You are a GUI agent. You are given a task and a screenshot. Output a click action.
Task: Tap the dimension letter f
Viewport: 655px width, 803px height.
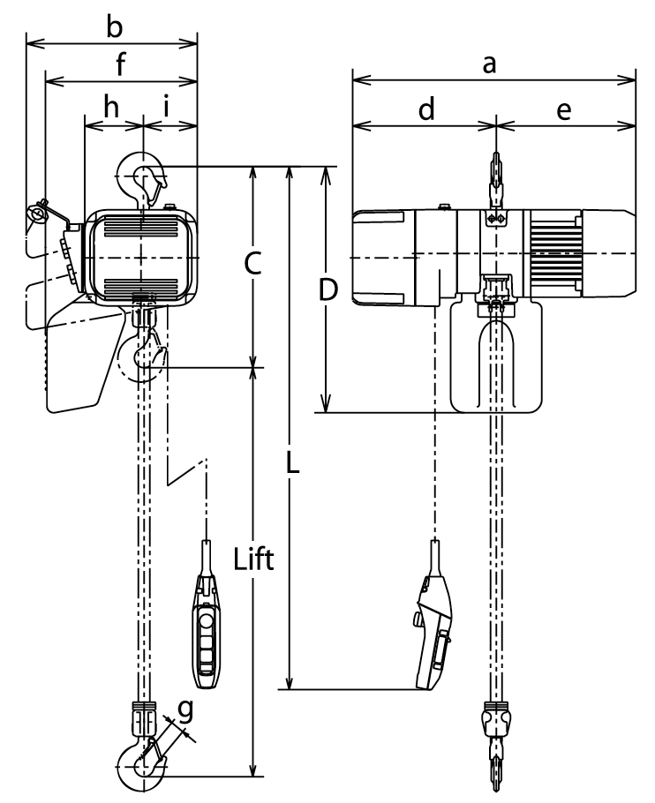click(x=120, y=64)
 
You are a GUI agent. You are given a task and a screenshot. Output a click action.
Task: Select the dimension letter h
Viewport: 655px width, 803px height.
click(x=111, y=107)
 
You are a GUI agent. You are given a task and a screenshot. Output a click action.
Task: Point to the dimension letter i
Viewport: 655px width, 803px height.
click(x=167, y=107)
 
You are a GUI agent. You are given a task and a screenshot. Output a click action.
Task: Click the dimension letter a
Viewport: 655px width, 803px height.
click(x=490, y=64)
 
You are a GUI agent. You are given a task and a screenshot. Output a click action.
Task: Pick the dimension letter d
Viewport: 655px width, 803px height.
click(x=426, y=109)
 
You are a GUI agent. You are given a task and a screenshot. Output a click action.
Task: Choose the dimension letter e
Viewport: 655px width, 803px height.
click(x=563, y=110)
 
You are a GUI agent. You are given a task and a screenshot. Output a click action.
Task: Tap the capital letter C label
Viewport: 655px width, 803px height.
click(x=253, y=264)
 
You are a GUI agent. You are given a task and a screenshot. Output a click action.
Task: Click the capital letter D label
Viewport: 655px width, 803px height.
click(x=327, y=289)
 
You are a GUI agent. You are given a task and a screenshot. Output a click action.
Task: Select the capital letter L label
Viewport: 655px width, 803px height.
click(x=292, y=464)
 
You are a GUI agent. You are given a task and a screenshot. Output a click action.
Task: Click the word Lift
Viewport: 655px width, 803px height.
click(x=253, y=559)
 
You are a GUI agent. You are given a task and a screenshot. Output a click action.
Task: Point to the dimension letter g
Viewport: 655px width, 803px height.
click(x=185, y=710)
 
